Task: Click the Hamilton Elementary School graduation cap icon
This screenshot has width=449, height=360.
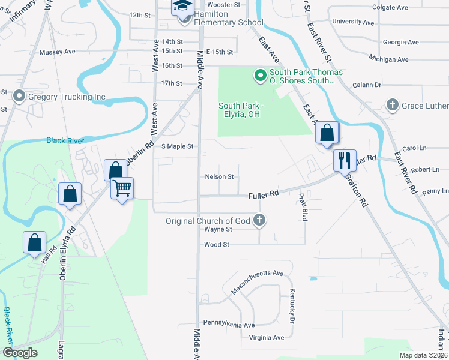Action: [x=182, y=7]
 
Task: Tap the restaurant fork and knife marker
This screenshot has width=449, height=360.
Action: [x=345, y=160]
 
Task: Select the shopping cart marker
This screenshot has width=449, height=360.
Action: [x=122, y=188]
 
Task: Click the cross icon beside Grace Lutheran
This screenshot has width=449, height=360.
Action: [x=393, y=106]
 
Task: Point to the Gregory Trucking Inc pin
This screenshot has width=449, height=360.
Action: [x=20, y=96]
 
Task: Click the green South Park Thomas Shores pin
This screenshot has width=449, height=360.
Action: [x=261, y=76]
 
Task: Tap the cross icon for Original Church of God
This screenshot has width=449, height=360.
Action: [x=259, y=220]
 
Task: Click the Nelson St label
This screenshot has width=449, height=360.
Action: [x=218, y=177]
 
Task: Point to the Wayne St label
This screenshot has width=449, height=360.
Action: [x=218, y=229]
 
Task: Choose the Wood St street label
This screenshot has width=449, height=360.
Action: [x=217, y=244]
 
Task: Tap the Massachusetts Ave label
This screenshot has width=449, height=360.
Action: [x=257, y=281]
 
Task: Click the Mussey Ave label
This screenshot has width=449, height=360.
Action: [x=57, y=52]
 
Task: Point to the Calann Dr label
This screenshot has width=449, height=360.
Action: [x=367, y=85]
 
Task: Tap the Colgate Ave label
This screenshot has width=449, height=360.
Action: [x=390, y=7]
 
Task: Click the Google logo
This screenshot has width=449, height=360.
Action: [x=20, y=352]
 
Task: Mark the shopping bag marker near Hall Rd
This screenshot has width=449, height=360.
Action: [x=35, y=242]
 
